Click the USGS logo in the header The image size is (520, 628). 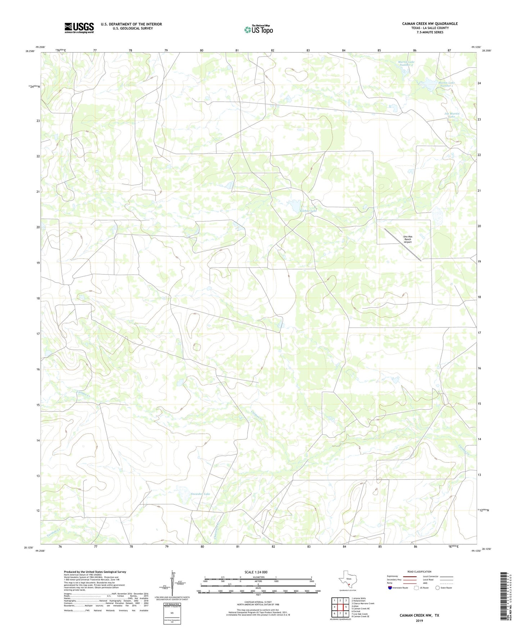[x=79, y=28]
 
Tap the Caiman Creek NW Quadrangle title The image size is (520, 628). [x=430, y=24]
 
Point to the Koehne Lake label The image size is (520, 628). [x=308, y=210]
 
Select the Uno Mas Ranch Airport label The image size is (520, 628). [x=407, y=239]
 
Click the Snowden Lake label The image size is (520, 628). [x=200, y=494]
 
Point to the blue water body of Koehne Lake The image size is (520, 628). [x=295, y=206]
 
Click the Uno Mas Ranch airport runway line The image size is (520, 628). [x=402, y=244]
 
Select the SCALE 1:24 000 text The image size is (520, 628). [x=256, y=572]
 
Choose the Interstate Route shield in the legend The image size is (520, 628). [x=390, y=588]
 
